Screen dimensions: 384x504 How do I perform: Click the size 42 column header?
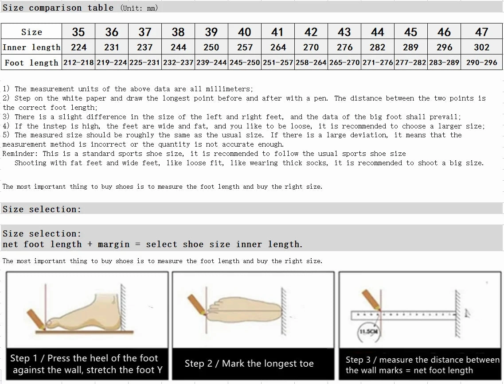(311, 32)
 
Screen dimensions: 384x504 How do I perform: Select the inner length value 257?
(245, 47)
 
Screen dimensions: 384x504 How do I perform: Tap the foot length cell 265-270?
(344, 62)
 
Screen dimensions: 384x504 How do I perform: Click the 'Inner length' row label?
(31, 47)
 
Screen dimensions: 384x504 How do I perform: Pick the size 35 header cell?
(78, 32)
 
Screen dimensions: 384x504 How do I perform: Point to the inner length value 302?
(481, 47)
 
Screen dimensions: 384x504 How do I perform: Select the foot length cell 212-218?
(78, 62)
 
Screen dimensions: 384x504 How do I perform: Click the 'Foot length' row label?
(31, 62)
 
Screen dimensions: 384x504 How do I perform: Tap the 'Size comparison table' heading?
(58, 8)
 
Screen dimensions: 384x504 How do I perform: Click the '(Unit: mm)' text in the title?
(139, 8)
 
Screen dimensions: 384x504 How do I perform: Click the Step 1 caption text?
(86, 364)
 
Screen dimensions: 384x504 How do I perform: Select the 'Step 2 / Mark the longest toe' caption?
(249, 364)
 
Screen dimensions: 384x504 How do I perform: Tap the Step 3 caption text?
(422, 365)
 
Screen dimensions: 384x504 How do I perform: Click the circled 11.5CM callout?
(368, 331)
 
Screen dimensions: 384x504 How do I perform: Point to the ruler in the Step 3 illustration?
(403, 315)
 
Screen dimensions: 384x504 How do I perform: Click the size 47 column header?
(481, 32)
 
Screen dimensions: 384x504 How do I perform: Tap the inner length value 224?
(78, 47)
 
